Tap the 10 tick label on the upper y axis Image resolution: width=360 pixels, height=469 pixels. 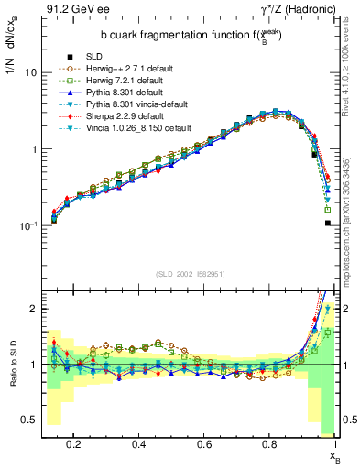[29, 71]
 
